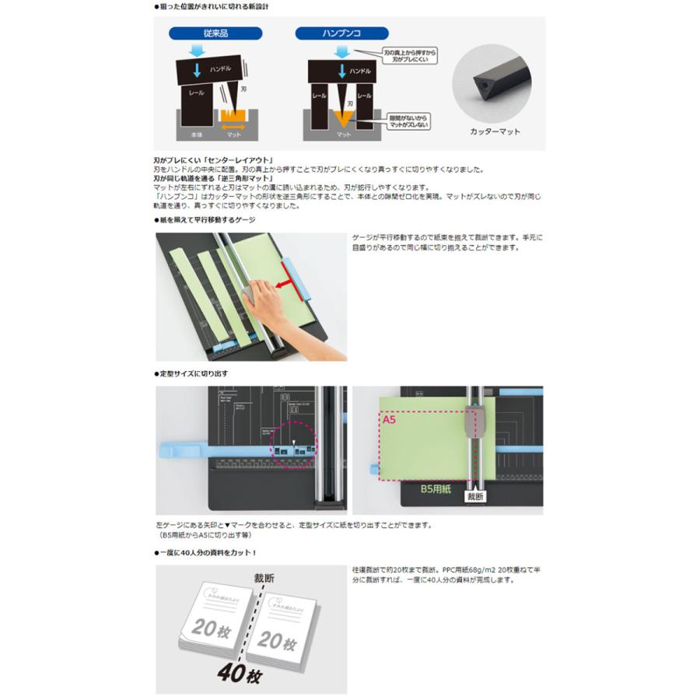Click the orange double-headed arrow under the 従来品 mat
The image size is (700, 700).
pos(232,124)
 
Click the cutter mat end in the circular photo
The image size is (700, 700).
pos(481,86)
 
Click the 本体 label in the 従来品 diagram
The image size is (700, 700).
pos(195,135)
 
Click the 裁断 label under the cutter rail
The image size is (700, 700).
pos(475,495)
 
